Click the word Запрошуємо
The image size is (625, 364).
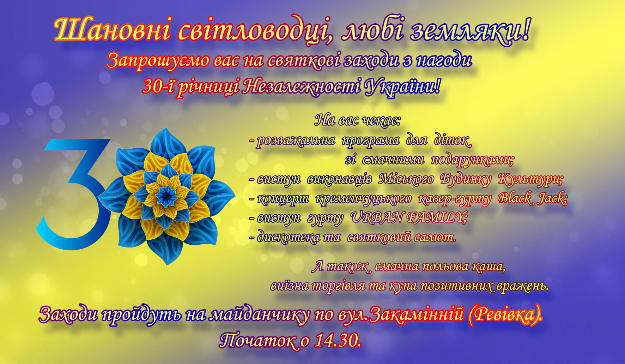[x=158, y=61]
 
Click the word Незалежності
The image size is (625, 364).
[x=302, y=86]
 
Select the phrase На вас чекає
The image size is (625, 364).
[x=357, y=120]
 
